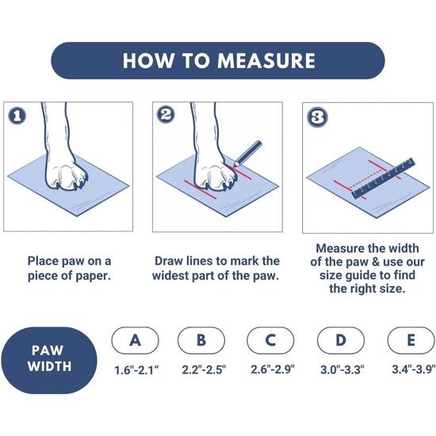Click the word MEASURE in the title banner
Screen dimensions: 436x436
[266, 60]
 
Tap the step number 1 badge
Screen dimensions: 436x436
[17, 116]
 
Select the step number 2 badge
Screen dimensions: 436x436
[166, 114]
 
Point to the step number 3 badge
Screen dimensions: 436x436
[317, 117]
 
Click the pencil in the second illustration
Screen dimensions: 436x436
[247, 154]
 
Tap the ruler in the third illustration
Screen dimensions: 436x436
[383, 178]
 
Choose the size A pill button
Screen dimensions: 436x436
[135, 340]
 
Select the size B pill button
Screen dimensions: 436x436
[201, 340]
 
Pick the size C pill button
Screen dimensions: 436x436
[270, 340]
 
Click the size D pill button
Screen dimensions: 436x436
[341, 340]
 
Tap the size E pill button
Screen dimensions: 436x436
[411, 340]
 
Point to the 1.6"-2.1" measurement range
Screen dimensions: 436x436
[136, 370]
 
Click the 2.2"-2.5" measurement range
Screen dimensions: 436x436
[204, 370]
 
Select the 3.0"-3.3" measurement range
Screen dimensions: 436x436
[342, 370]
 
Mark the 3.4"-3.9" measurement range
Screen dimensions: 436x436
[414, 369]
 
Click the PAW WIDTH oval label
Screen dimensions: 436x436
[49, 361]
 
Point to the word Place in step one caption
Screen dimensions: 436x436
[43, 261]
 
